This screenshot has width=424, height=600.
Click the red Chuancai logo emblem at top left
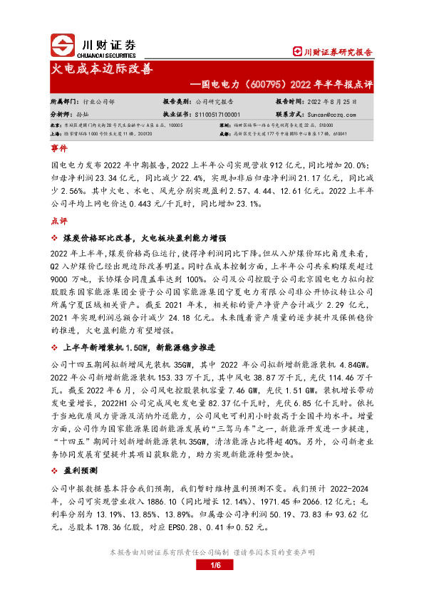[x=62, y=46]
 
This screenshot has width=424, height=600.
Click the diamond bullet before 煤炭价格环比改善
[x=54, y=237]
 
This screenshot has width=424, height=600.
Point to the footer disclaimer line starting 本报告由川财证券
[x=212, y=552]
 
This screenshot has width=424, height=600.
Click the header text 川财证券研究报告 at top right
[x=338, y=52]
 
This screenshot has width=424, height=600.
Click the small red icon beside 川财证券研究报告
[x=298, y=52]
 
